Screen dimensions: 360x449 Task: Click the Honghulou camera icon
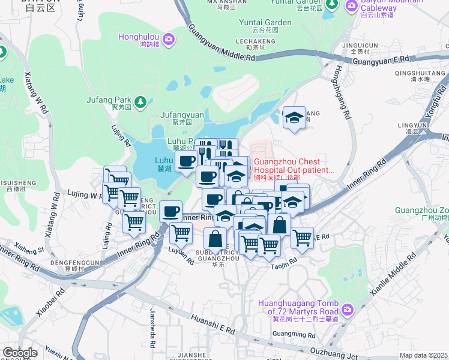click(x=169, y=40)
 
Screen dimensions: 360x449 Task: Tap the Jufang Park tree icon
click(x=140, y=101)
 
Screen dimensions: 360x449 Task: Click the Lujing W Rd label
click(x=79, y=195)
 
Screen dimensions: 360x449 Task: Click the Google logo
click(x=19, y=353)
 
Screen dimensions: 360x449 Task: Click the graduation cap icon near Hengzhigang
click(x=294, y=119)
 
